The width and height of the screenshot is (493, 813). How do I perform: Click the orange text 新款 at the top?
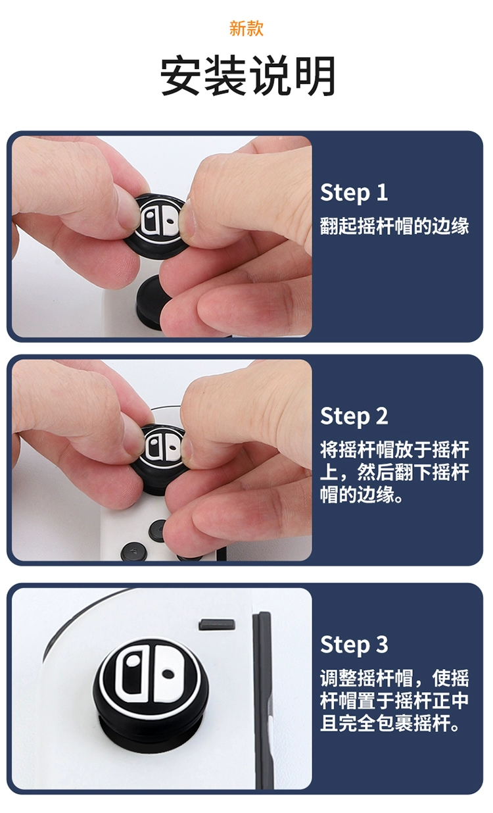[x=246, y=28]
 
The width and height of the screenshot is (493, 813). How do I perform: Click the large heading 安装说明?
[x=248, y=76]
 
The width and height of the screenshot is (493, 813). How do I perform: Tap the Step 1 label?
[x=354, y=193]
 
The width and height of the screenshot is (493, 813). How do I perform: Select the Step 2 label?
[x=354, y=416]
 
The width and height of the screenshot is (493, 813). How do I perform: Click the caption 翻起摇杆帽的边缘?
[x=394, y=226]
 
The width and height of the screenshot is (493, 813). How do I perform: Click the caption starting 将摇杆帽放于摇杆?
[x=394, y=472]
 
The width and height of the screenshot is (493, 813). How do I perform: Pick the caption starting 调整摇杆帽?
[x=394, y=700]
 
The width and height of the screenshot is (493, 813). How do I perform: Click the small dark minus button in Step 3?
[x=217, y=625]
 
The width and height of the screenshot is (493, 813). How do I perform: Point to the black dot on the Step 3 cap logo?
[x=168, y=674]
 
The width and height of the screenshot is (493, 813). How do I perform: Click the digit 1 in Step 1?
[x=382, y=192]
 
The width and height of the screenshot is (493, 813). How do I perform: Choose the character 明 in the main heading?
[x=315, y=76]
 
